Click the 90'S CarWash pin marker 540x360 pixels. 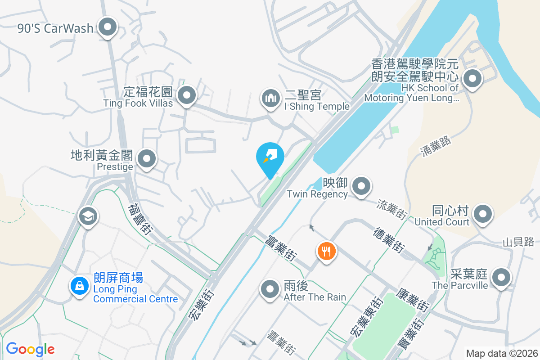(x=108, y=27)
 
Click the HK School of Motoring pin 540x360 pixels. (x=472, y=79)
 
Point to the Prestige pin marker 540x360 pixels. (x=146, y=159)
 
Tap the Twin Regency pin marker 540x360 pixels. (x=361, y=186)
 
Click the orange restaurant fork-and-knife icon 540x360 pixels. (x=326, y=251)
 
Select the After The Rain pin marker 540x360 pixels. (x=270, y=289)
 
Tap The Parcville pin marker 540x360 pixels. (x=501, y=278)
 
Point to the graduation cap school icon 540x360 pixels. (x=88, y=216)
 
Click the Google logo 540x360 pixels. (x=30, y=349)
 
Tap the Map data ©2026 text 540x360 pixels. (x=501, y=353)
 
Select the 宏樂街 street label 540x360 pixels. (x=201, y=306)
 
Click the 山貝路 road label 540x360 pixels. (x=519, y=242)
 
